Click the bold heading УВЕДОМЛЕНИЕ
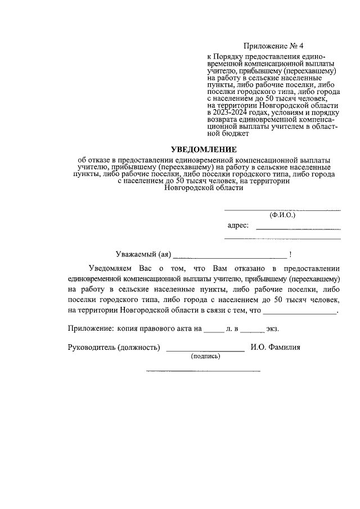[x=204, y=149]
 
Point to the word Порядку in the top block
[x=232, y=57]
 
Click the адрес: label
[x=238, y=226]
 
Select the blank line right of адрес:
[x=298, y=228]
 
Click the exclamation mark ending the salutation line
[x=289, y=254]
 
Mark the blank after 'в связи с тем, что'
[x=300, y=311]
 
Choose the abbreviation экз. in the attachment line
[x=273, y=327]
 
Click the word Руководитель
[x=91, y=347]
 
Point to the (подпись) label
[x=206, y=356]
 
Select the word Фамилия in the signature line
[x=285, y=347]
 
